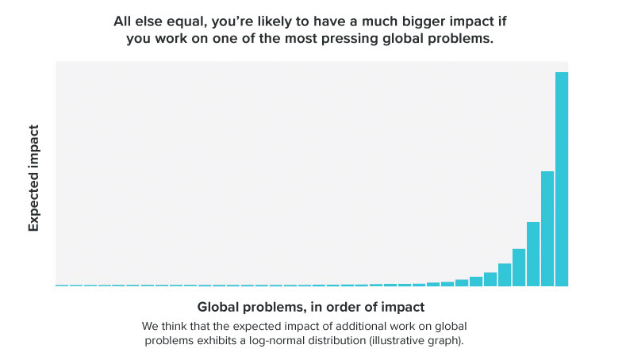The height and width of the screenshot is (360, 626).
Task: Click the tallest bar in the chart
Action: (x=561, y=178)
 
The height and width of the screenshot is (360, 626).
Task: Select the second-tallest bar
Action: (x=547, y=228)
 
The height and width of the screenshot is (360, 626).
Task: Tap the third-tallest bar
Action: (x=533, y=254)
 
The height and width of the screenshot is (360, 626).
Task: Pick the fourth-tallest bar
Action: (x=519, y=267)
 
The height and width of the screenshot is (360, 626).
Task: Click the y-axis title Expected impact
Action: (x=34, y=178)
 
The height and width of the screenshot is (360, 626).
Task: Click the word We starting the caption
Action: (x=151, y=326)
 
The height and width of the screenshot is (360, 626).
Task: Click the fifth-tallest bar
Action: (x=505, y=274)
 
